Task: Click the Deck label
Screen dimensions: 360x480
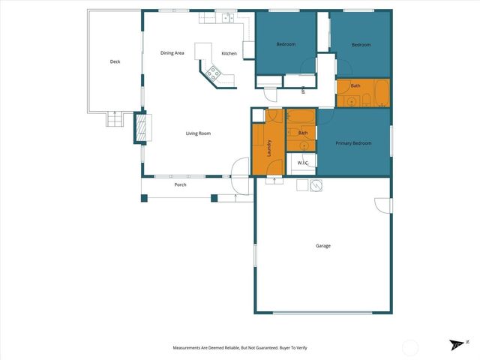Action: click(x=115, y=61)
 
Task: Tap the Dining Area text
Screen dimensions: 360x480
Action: click(x=172, y=53)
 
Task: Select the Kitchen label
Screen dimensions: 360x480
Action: click(x=229, y=53)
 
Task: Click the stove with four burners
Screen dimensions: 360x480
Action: click(x=213, y=73)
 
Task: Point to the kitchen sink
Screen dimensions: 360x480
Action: click(x=226, y=17)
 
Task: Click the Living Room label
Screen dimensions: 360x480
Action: click(x=198, y=133)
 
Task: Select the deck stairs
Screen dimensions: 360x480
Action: click(x=114, y=118)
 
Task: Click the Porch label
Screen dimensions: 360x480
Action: click(x=180, y=184)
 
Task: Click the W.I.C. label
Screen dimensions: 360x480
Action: click(x=304, y=162)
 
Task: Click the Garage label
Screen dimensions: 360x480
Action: click(x=322, y=246)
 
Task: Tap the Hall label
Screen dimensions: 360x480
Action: click(x=303, y=91)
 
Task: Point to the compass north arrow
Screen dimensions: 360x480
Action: click(x=457, y=344)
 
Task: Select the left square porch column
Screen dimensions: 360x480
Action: click(x=144, y=198)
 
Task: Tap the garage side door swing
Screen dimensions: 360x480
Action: click(x=383, y=204)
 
